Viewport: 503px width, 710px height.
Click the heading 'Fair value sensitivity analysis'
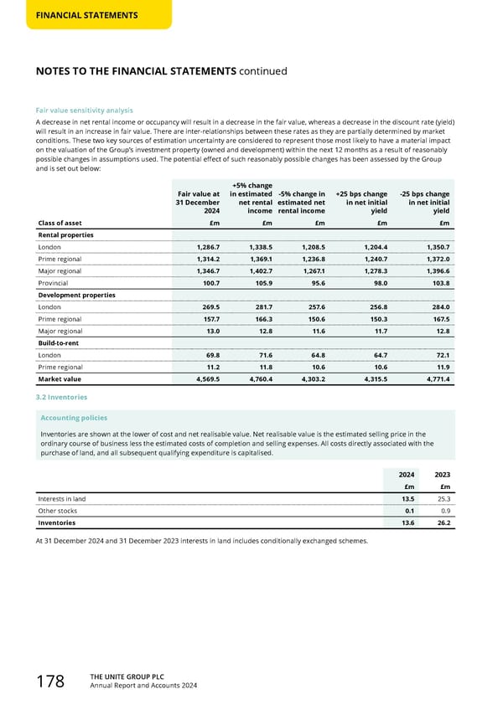(x=84, y=111)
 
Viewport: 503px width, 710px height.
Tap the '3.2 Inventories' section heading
(x=62, y=397)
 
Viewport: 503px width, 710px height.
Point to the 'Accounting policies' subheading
(x=74, y=417)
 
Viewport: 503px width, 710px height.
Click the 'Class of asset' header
(x=60, y=222)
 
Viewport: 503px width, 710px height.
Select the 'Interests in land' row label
(x=61, y=499)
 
